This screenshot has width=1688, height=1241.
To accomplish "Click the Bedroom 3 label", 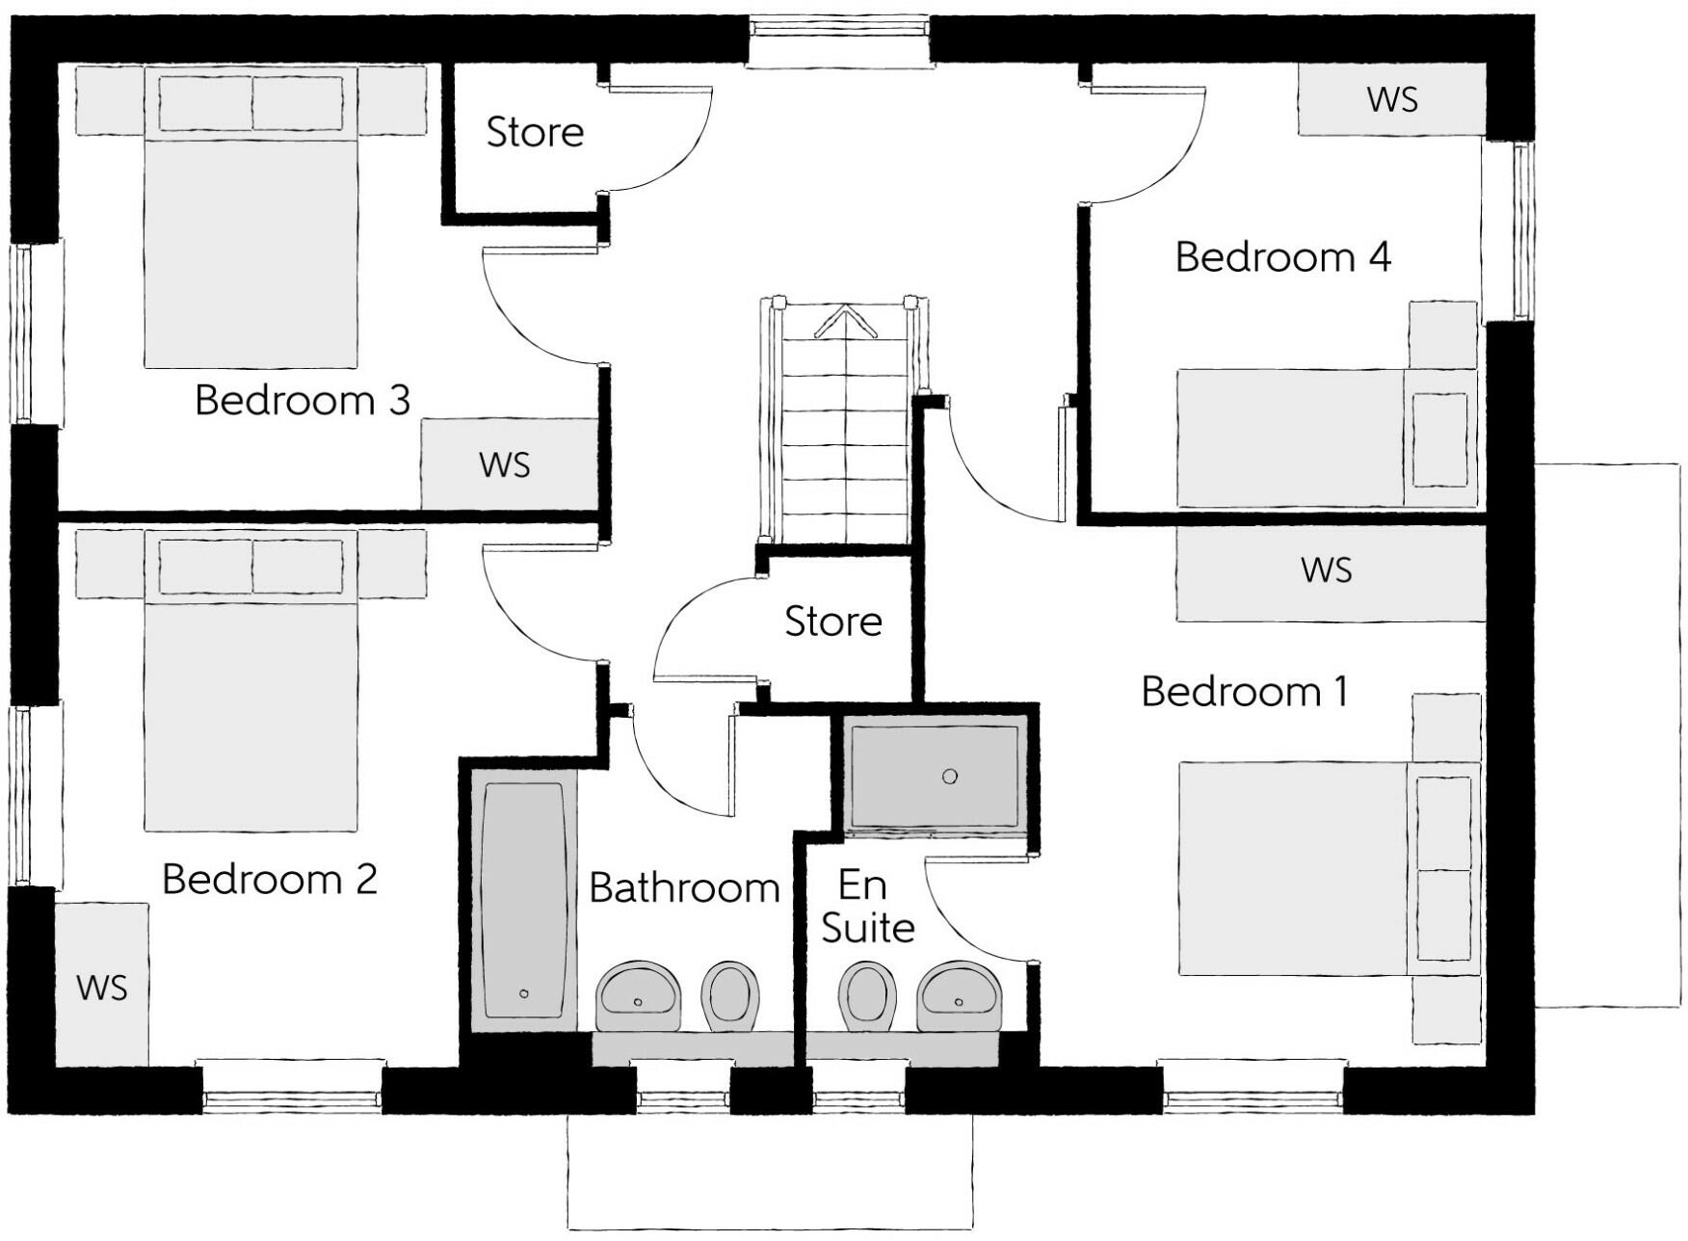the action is [x=303, y=400].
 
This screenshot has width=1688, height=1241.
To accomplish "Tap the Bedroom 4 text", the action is [x=1283, y=257].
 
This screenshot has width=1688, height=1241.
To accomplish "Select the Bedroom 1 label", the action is [x=1245, y=692].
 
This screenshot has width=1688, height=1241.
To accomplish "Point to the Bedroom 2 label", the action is [x=270, y=879].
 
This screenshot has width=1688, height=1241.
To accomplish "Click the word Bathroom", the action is [x=684, y=888].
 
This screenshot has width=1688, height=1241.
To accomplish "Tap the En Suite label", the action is [x=867, y=907].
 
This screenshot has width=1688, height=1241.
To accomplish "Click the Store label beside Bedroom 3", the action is [x=535, y=132].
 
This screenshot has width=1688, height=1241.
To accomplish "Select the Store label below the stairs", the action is [x=833, y=621].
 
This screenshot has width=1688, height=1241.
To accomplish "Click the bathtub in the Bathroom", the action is [x=524, y=900].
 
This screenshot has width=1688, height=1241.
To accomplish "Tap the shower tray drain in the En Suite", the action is [x=950, y=776].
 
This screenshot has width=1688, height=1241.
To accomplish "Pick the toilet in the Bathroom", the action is [x=730, y=996].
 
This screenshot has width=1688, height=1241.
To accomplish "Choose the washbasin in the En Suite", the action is [x=959, y=996].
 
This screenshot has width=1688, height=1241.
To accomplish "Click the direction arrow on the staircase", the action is [x=845, y=322].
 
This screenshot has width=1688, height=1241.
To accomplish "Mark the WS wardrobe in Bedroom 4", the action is [x=1391, y=99].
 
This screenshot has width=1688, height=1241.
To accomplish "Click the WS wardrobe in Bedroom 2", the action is [x=101, y=985].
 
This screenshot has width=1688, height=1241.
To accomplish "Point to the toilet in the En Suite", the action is [x=867, y=996].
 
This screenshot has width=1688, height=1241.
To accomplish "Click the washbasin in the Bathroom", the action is [x=639, y=996].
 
